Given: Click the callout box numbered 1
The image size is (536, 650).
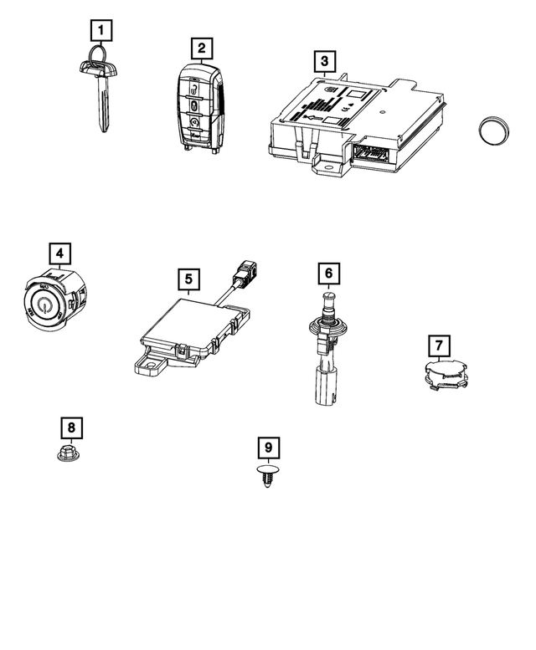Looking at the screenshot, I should coord(100,33).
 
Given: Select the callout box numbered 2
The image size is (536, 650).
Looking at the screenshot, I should coord(201,47).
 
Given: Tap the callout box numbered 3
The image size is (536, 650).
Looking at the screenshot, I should coord(323,61).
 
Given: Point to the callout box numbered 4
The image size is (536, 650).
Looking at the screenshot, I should coord(59,252).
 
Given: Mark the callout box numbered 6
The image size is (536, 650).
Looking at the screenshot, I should coord(329,273).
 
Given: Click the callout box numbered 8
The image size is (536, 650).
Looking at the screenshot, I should coord(71,428).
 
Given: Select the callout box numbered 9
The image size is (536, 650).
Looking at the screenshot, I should coord(268,448).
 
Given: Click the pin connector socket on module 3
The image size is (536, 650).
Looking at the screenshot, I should coord(372,154).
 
